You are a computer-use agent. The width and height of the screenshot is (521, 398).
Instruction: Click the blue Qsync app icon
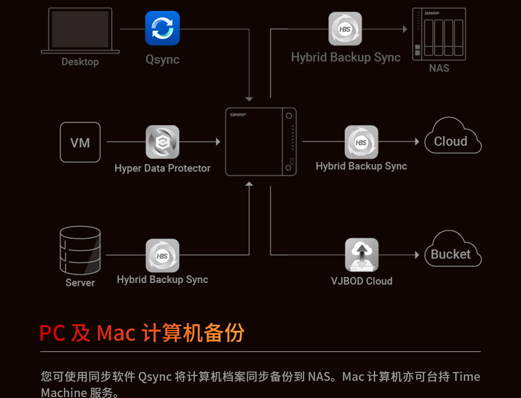click(162, 28)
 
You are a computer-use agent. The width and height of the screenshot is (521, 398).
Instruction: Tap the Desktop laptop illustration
click(80, 31)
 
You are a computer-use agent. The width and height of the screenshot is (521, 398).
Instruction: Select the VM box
click(80, 142)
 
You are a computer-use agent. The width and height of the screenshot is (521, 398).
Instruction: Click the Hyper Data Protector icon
click(162, 142)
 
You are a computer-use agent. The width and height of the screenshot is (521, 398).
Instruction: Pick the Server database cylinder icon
click(80, 250)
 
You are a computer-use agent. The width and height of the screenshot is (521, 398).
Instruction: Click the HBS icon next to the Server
click(162, 256)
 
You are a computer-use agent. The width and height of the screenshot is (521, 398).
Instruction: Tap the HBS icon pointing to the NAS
click(345, 29)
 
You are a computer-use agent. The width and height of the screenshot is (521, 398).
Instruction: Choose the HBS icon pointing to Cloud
click(361, 142)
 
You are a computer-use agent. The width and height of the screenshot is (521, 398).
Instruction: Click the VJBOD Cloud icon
click(361, 255)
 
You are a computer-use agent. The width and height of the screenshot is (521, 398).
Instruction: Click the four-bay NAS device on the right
click(439, 34)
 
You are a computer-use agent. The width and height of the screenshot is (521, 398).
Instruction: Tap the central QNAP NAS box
click(261, 142)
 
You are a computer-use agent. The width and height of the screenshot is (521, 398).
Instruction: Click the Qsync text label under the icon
click(162, 59)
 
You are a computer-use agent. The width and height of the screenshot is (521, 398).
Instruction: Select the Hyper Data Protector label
click(162, 168)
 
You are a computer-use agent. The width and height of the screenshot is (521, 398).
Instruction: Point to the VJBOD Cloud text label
click(361, 281)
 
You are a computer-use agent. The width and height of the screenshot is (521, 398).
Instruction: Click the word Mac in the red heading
click(116, 333)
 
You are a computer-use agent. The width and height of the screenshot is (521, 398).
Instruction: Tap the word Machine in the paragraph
click(64, 392)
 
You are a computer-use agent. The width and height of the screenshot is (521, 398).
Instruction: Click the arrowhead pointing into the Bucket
click(417, 255)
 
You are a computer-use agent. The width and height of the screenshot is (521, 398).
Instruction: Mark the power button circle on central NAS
click(289, 116)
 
